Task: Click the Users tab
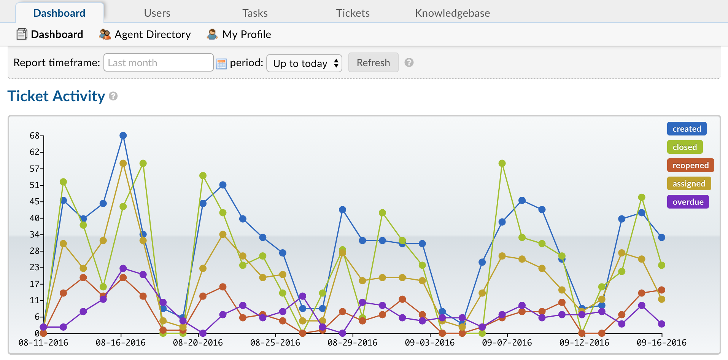tap(157, 13)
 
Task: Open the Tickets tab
tap(353, 13)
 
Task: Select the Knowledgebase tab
tap(452, 13)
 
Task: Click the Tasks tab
tap(255, 13)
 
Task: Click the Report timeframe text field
tap(158, 63)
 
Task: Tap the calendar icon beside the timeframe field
tap(221, 64)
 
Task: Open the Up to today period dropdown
tap(304, 63)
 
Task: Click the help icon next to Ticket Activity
tap(113, 96)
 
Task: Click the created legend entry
tap(687, 129)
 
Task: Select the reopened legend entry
tap(690, 166)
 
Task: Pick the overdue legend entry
tap(688, 202)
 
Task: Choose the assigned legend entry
tap(689, 184)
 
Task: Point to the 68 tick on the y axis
tap(35, 136)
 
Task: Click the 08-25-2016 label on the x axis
tap(275, 343)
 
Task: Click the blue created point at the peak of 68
tap(123, 135)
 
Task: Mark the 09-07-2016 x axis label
tap(507, 343)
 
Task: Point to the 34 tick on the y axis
tap(35, 235)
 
